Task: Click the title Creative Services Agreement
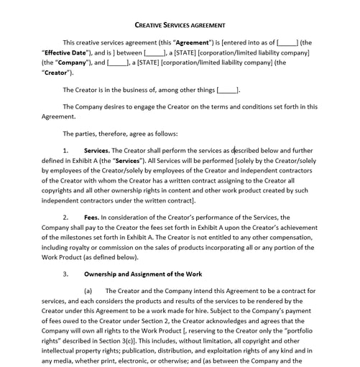pyautogui.click(x=180, y=26)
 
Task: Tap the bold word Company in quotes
pyautogui.click(x=70, y=62)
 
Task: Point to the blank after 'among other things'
pyautogui.click(x=227, y=90)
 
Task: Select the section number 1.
pyautogui.click(x=65, y=151)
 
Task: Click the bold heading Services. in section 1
pyautogui.click(x=96, y=151)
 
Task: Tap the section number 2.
pyautogui.click(x=65, y=217)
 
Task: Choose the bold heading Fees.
pyautogui.click(x=91, y=217)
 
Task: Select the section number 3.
pyautogui.click(x=65, y=274)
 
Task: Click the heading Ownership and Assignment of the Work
pyautogui.click(x=143, y=274)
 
